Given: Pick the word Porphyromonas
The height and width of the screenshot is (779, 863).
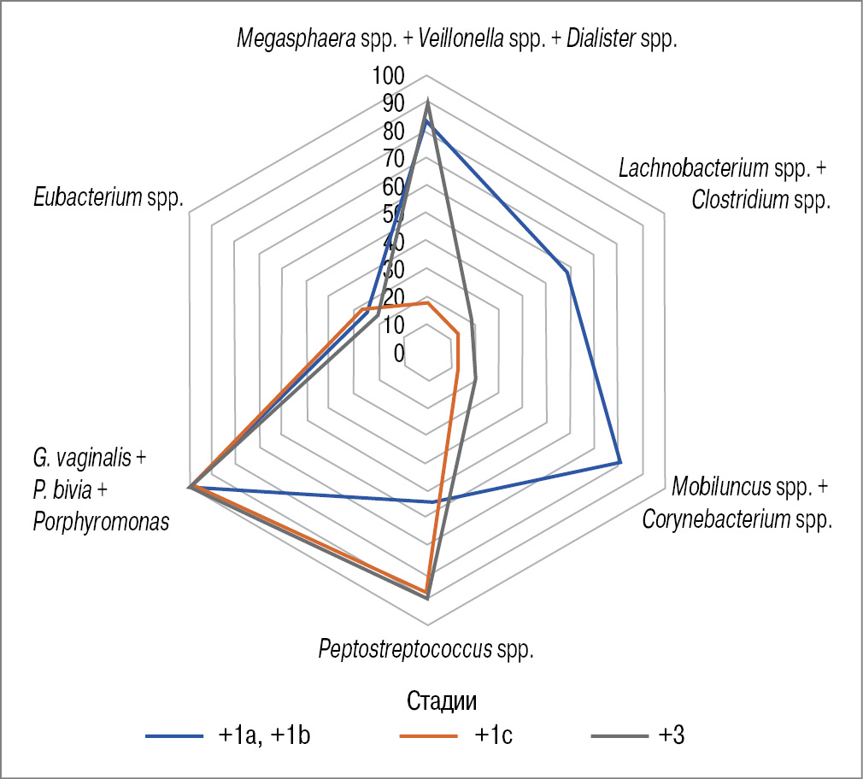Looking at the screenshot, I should pos(101,521).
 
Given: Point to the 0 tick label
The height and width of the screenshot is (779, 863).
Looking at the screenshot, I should pos(399,353).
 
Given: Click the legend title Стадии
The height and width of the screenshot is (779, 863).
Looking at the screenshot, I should pos(441,701).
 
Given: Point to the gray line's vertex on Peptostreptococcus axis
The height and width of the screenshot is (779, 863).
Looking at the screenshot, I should pos(427,599).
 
